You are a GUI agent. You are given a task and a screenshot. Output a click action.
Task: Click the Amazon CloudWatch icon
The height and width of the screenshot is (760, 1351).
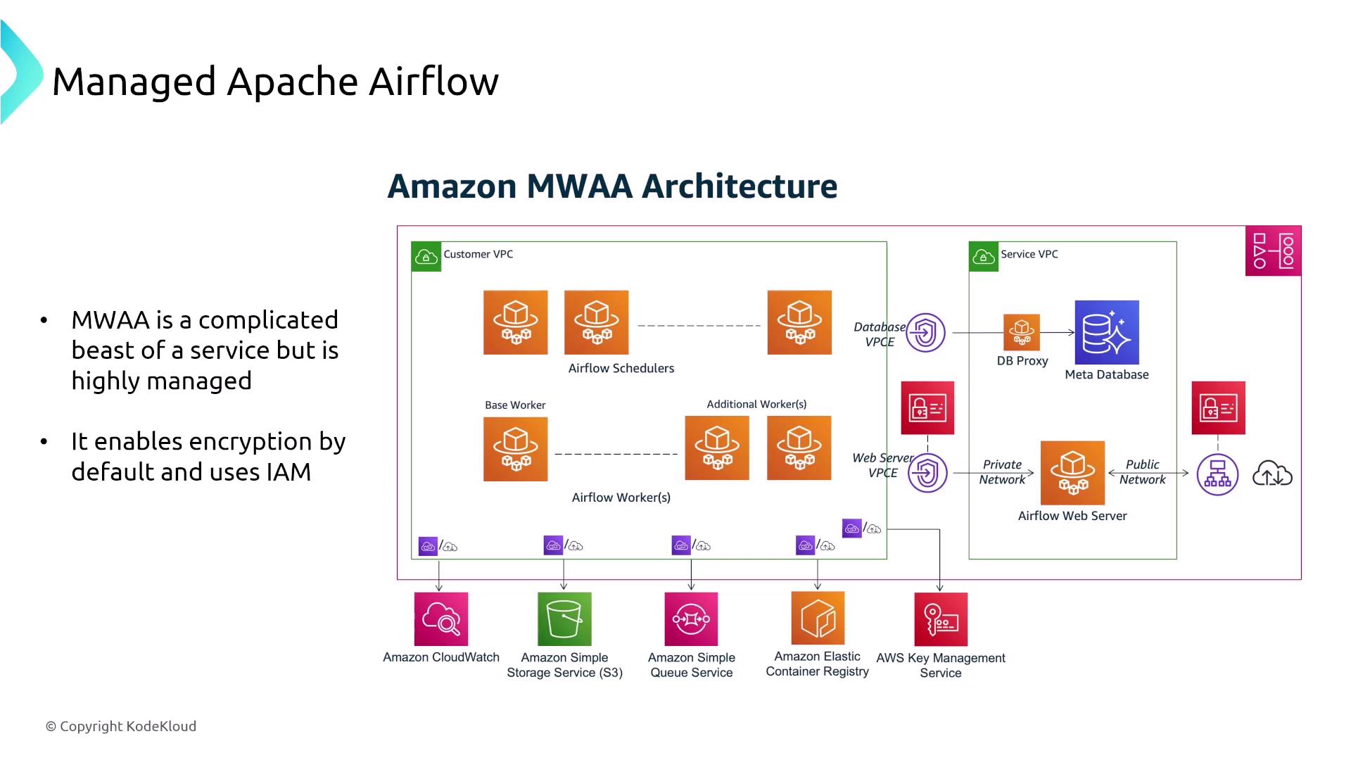pyautogui.click(x=441, y=619)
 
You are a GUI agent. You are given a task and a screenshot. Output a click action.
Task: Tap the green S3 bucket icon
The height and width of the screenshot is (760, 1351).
pyautogui.click(x=564, y=619)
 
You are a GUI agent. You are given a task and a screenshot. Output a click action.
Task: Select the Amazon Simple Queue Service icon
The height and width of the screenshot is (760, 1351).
pyautogui.click(x=691, y=619)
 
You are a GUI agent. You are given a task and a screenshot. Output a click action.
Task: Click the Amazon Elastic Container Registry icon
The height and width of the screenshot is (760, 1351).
pyautogui.click(x=817, y=618)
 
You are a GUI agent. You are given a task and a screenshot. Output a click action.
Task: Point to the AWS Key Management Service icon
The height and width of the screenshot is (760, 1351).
pyautogui.click(x=941, y=619)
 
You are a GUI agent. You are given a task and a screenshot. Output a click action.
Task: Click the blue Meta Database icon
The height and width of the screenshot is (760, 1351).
pyautogui.click(x=1106, y=332)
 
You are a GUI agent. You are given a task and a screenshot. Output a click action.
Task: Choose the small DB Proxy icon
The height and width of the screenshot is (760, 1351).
pyautogui.click(x=1022, y=332)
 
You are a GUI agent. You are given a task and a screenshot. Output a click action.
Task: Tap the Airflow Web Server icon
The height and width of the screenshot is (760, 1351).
pyautogui.click(x=1072, y=473)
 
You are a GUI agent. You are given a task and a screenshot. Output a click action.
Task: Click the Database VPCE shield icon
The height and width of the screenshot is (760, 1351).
pyautogui.click(x=925, y=332)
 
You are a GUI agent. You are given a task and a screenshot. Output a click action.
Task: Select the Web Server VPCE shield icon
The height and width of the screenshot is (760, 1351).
pyautogui.click(x=927, y=473)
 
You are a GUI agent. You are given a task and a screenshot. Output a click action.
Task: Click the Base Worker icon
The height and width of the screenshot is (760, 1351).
pyautogui.click(x=515, y=449)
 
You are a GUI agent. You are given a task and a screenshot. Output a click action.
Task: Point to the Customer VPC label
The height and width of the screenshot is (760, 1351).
pyautogui.click(x=478, y=254)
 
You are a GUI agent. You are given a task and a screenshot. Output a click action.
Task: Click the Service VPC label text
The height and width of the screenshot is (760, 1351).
pyautogui.click(x=1029, y=254)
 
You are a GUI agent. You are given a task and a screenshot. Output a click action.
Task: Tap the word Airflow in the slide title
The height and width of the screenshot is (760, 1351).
pyautogui.click(x=433, y=81)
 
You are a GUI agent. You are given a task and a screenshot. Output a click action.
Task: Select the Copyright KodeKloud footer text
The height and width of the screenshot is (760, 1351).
pyautogui.click(x=121, y=726)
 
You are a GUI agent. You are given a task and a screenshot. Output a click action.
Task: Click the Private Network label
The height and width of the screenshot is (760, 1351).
pyautogui.click(x=1002, y=472)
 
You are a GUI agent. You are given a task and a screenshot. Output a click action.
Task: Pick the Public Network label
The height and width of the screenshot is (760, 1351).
pyautogui.click(x=1142, y=472)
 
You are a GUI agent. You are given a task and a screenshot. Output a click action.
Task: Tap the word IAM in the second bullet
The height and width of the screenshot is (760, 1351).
pyautogui.click(x=288, y=471)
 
